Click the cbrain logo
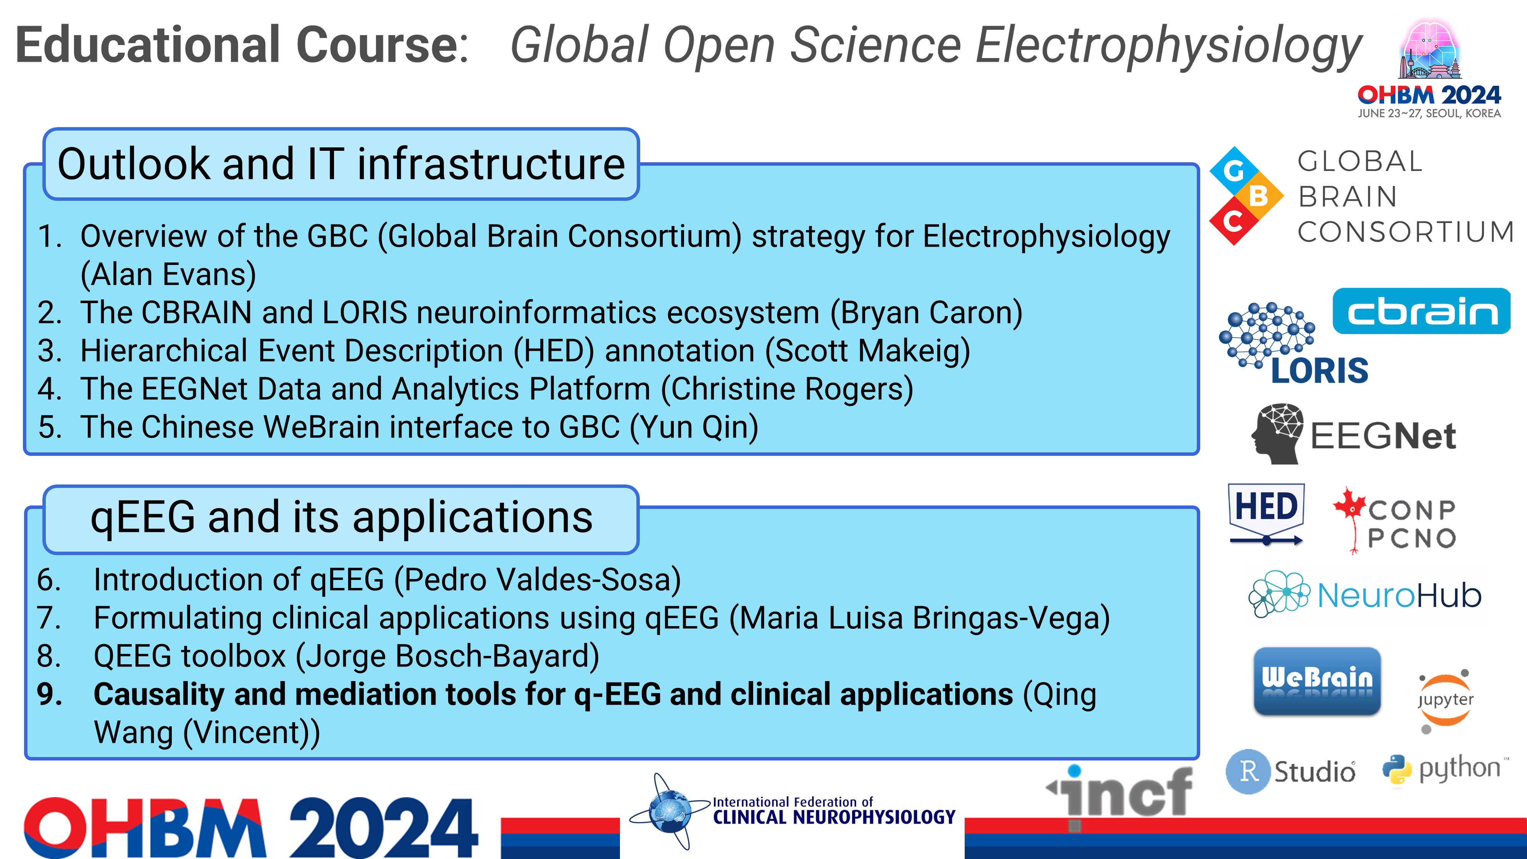click(1421, 311)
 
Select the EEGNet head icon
click(1277, 433)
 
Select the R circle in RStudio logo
click(1248, 771)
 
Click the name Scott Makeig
click(867, 350)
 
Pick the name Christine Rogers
click(787, 389)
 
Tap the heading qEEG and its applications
click(341, 517)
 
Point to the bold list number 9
click(49, 694)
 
